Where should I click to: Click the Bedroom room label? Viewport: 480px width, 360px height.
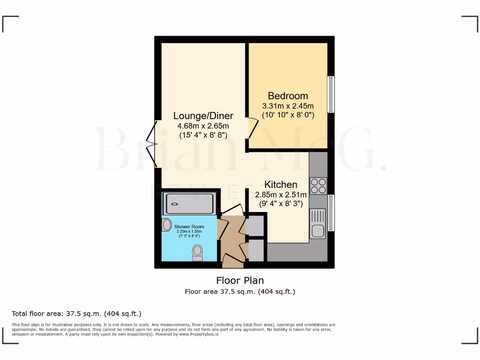[288, 96]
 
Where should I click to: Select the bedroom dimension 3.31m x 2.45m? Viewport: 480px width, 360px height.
[288, 106]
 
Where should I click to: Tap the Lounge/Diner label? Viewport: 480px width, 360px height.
[203, 116]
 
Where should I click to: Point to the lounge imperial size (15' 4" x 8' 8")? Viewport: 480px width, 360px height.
[203, 135]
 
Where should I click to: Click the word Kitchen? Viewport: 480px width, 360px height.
[281, 184]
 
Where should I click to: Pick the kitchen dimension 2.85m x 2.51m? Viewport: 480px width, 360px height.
[281, 195]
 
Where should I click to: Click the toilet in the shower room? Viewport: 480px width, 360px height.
[198, 253]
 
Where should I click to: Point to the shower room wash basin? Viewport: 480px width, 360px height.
[167, 225]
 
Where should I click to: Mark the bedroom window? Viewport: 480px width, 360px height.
[331, 94]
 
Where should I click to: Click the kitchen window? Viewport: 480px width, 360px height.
[331, 213]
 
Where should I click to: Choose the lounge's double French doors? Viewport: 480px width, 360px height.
[151, 143]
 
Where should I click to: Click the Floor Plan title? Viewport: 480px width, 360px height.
[240, 280]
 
